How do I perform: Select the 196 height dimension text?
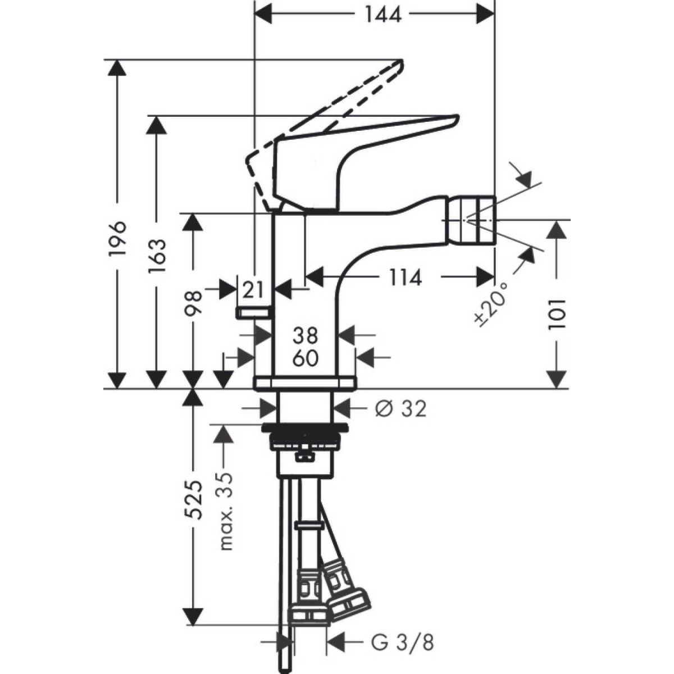(x=118, y=239)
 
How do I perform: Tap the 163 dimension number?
(x=157, y=256)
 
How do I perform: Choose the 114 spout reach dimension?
(x=403, y=277)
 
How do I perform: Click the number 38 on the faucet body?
(x=306, y=336)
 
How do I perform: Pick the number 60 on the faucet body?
(x=306, y=357)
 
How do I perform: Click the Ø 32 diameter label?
(x=400, y=408)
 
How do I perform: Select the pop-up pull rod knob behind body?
(x=254, y=312)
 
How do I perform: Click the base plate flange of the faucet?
(x=305, y=383)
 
